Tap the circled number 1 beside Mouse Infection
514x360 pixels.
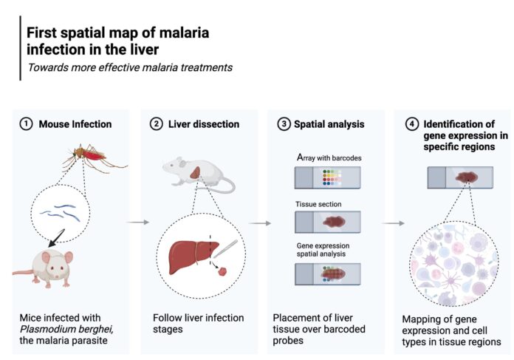27,124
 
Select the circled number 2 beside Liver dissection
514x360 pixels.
156,124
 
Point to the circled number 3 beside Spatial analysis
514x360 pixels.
284,124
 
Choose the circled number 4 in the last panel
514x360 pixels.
412,124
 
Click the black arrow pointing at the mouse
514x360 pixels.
56,238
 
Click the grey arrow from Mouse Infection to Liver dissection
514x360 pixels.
138,223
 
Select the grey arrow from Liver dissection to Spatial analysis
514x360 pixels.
260,223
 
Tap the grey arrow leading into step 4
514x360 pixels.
394,223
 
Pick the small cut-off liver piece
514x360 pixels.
223,271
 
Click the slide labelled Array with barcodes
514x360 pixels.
327,177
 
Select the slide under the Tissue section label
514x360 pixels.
327,223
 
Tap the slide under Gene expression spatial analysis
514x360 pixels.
327,274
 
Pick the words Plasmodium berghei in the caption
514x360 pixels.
67,329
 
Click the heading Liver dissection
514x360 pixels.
204,124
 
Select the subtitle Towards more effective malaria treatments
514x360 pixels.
130,67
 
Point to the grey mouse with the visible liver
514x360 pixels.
199,174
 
